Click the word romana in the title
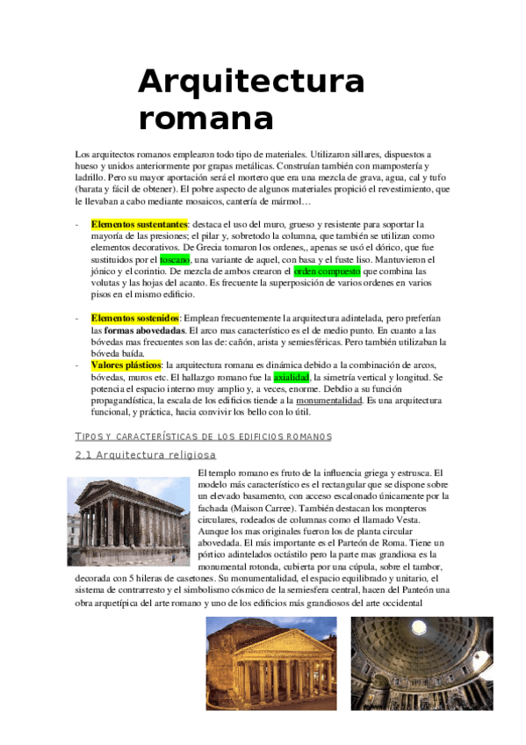205,117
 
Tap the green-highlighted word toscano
175,259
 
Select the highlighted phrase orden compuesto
327,271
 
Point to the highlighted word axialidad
292,377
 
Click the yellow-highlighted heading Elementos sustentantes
140,224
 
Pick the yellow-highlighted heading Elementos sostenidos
135,317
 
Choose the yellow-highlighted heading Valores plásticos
126,365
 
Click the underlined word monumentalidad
324,400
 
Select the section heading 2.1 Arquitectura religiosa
146,454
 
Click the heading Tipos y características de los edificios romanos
204,436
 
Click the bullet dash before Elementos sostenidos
78,317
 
